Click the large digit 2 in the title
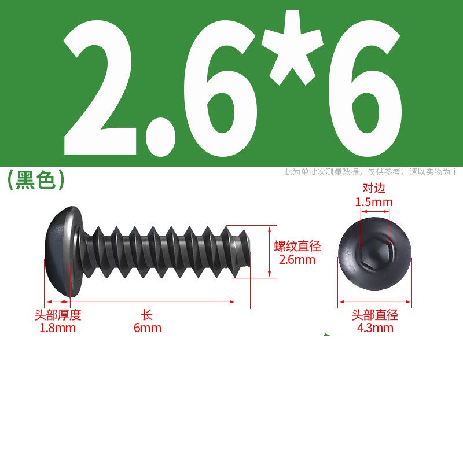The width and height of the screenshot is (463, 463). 100,88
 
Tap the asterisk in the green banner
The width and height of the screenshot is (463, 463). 292,48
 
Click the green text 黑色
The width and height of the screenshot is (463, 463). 35,180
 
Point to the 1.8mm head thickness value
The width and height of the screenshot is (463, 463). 57,328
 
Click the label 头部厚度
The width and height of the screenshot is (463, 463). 57,315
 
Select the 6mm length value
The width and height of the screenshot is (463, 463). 148,328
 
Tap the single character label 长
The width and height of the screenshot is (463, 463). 147,315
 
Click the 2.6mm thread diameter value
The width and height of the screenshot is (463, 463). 297,259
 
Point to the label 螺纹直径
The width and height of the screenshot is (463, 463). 297,247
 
